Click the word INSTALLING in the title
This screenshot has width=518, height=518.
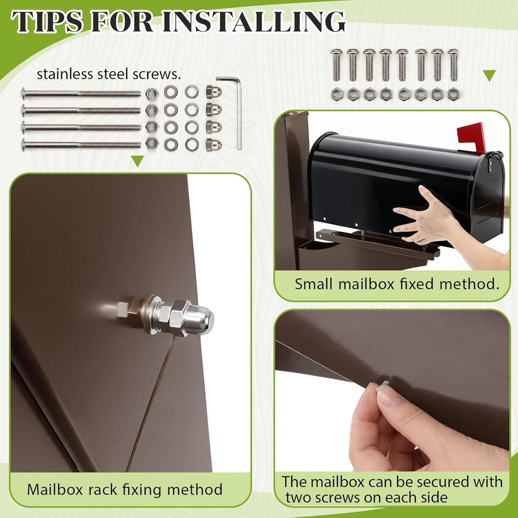coord(254,21)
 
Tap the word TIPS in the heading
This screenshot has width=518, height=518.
coord(47,21)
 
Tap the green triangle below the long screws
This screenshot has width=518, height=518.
coord(138,161)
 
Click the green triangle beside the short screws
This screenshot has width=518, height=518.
coord(489,76)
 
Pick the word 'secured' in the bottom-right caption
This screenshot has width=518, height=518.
coord(443,482)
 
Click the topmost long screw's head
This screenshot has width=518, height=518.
coord(23,94)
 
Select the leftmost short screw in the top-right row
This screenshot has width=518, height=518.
coord(336,64)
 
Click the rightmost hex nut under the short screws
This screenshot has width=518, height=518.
coord(453,94)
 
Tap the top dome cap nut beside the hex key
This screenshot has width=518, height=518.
coord(213,92)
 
